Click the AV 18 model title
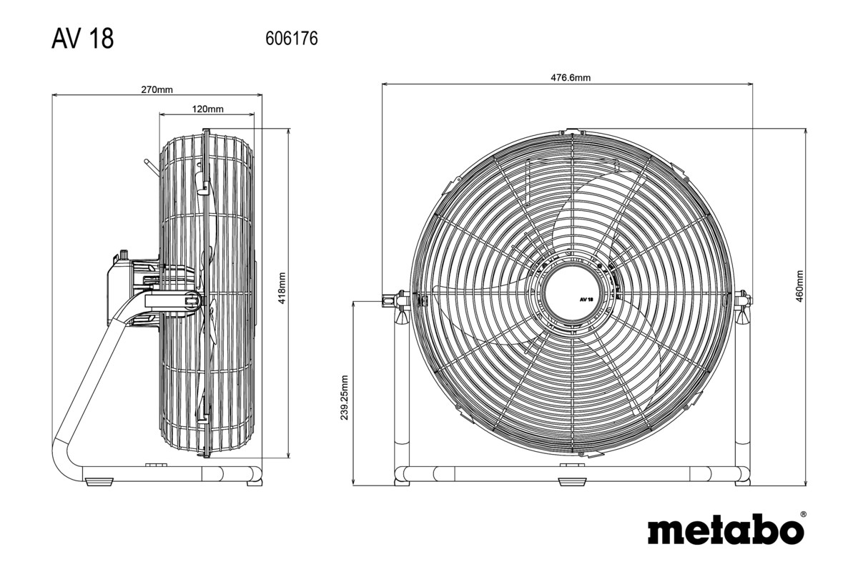(x=82, y=39)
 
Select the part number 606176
(x=291, y=39)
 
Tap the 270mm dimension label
(x=157, y=90)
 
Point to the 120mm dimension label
(x=207, y=109)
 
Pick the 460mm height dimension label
(x=799, y=286)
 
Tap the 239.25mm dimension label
(x=345, y=398)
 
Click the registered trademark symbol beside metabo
(x=803, y=514)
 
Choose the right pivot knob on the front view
(x=744, y=299)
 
